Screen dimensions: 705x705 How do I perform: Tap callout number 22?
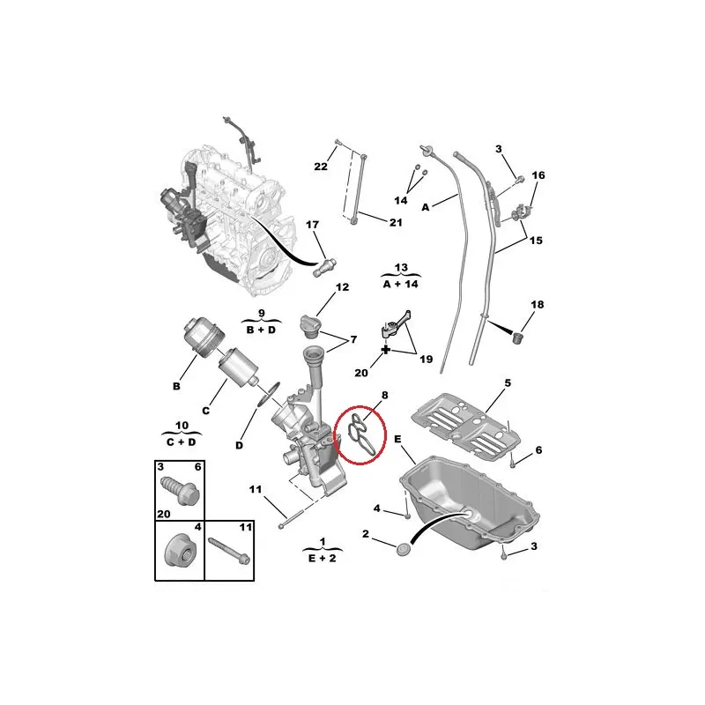321,167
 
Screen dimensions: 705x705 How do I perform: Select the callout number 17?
312,226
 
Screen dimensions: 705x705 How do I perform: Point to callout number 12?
342,287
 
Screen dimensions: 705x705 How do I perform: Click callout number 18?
537,305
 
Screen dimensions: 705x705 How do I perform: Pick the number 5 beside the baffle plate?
508,383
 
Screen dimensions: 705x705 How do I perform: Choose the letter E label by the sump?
397,438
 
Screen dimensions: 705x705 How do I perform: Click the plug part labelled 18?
519,338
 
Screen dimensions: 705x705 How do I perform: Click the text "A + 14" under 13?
401,286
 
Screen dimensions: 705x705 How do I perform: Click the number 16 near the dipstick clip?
538,175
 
